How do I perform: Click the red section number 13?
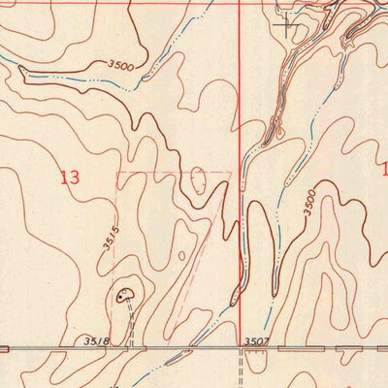pyautogui.click(x=69, y=178)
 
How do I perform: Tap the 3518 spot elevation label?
pyautogui.click(x=96, y=340)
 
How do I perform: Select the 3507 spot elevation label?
pyautogui.click(x=256, y=340)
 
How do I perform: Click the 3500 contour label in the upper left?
pyautogui.click(x=121, y=65)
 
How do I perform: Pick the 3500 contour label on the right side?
pyautogui.click(x=308, y=201)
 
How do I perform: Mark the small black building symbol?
pyautogui.click(x=123, y=293)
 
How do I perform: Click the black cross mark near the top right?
pyautogui.click(x=285, y=25)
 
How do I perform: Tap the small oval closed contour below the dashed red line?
pyautogui.click(x=199, y=179)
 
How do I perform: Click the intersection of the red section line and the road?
pyautogui.click(x=241, y=347)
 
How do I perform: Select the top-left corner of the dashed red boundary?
pyautogui.click(x=117, y=175)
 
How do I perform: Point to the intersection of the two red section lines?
pyautogui.click(x=240, y=3)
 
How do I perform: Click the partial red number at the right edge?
pyautogui.click(x=384, y=169)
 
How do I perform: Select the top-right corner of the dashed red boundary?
pyautogui.click(x=231, y=174)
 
